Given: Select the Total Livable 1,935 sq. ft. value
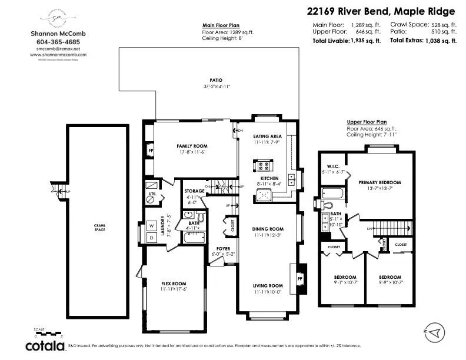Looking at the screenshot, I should click(365, 41).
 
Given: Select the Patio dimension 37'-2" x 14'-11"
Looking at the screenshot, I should click(217, 86).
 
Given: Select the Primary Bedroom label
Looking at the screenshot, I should click(380, 182).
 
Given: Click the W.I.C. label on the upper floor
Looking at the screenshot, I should click(333, 168).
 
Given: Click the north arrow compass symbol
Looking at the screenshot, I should click(435, 333).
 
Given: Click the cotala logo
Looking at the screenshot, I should click(45, 345).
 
